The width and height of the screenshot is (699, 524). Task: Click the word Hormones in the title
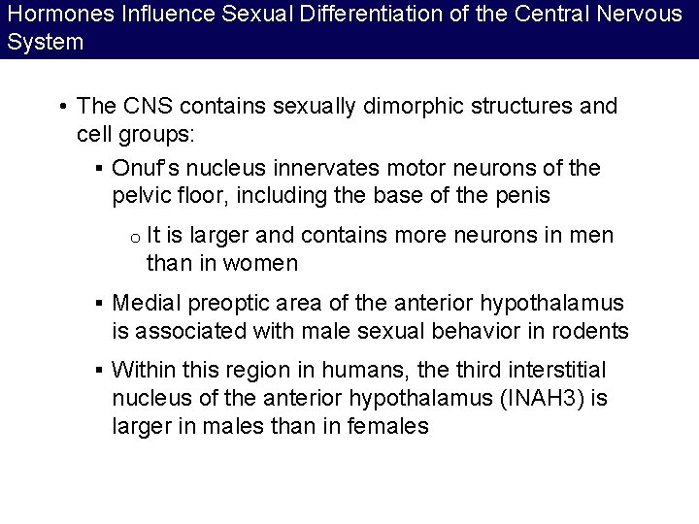49,15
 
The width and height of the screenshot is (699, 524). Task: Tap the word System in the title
45,43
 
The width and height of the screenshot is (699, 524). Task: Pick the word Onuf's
147,168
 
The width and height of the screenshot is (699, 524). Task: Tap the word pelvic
141,195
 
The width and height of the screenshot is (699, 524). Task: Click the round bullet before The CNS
62,107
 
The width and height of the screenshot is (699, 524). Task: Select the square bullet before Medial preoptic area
100,305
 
